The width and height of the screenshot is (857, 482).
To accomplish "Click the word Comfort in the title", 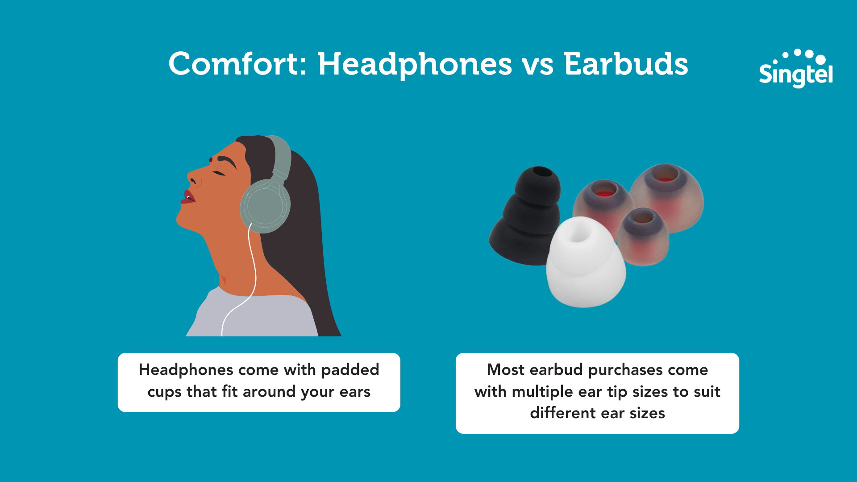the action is (235, 63).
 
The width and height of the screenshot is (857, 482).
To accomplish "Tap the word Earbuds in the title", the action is (626, 63).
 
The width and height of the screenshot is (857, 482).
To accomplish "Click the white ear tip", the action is (585, 262).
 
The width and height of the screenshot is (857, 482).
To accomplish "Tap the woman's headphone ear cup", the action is (265, 206).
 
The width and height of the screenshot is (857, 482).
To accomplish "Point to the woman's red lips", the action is (188, 197).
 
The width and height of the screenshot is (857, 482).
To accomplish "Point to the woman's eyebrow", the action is (227, 160).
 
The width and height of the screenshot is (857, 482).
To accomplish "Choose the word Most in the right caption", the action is (505, 370).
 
